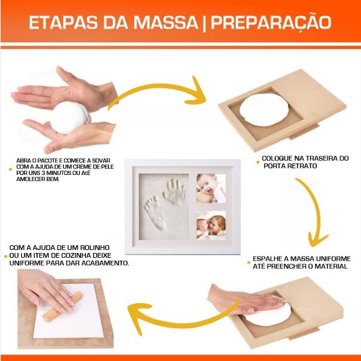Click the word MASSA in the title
pos(166,22)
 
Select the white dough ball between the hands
pos(70,118)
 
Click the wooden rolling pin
pos(63,307)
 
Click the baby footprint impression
pos(155,213)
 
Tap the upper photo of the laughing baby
pos(211,189)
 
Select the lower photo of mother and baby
pos(211,225)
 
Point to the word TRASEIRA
pos(319,158)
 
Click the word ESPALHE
pos(267,259)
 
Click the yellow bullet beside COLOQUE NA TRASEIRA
pos(258,162)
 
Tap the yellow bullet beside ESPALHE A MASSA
pos(249,263)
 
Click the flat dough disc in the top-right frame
pos(264,110)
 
